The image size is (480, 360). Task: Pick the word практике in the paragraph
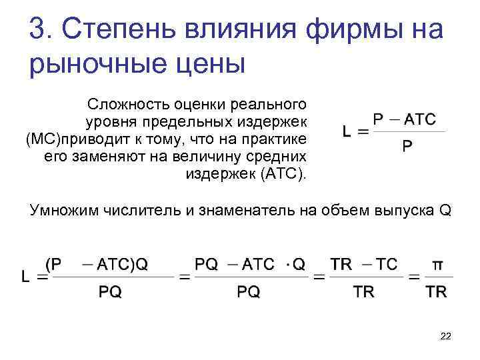[277, 139]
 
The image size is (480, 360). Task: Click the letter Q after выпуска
[445, 211]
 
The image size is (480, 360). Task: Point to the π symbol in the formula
[437, 265]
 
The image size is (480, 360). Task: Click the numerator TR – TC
[364, 265]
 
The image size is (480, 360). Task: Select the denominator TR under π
[436, 291]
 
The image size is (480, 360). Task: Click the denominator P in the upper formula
[407, 145]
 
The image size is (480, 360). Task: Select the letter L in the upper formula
[347, 133]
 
